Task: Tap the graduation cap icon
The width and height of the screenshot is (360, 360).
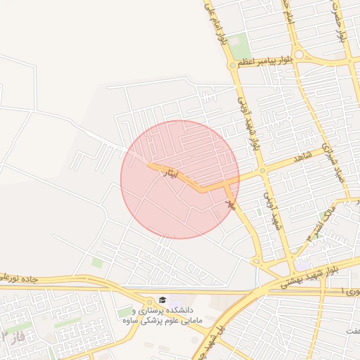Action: pos(163,300)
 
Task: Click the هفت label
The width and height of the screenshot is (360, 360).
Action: pos(352,330)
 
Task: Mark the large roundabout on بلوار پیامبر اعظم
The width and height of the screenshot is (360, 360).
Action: pos(301,54)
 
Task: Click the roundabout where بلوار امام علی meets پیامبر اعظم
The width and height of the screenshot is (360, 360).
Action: pos(233,65)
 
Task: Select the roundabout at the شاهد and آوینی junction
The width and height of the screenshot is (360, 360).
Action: pos(262,171)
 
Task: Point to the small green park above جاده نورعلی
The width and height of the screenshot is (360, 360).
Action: pos(97,263)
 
